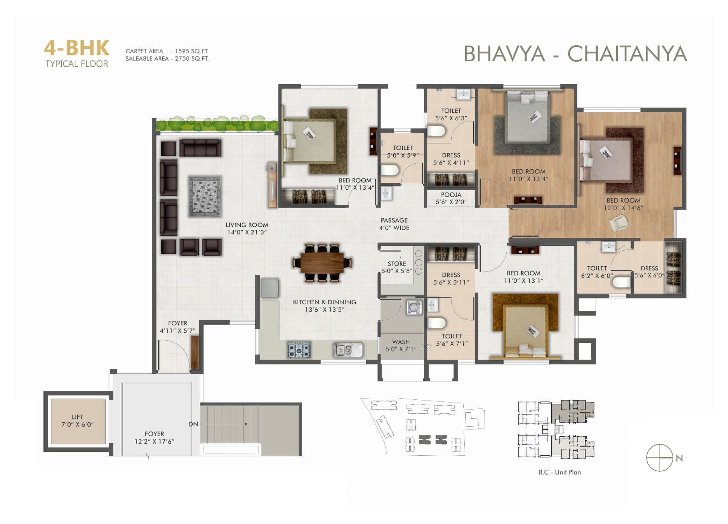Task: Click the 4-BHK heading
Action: tap(76, 48)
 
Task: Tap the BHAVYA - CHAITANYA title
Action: tap(575, 54)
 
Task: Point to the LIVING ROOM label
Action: tap(247, 225)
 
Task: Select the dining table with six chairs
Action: tap(322, 262)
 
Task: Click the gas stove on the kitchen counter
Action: tap(299, 350)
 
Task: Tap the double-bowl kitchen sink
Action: tap(348, 350)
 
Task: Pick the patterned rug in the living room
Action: tap(205, 196)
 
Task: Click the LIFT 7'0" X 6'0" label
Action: tap(78, 421)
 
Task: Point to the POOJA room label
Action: tap(451, 195)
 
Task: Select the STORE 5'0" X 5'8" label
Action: tap(397, 267)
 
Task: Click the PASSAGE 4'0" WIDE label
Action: tap(394, 224)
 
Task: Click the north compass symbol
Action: tap(660, 458)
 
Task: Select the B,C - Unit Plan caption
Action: tap(560, 472)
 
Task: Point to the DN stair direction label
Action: tap(193, 424)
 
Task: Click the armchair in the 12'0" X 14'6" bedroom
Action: tap(619, 224)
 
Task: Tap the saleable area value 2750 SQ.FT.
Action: tap(191, 59)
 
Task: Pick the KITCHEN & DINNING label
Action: tap(325, 302)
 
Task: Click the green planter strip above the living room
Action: tap(217, 124)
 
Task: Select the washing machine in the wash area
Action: tap(414, 307)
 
